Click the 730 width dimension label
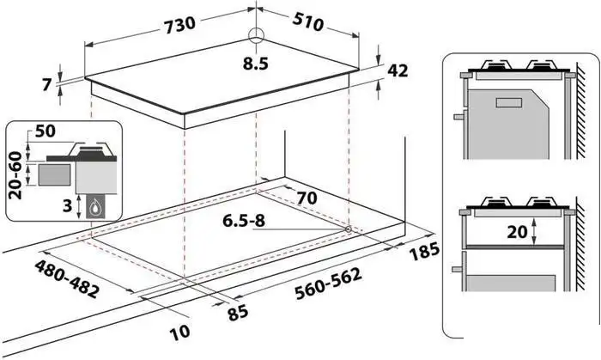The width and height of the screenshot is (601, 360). click(179, 25)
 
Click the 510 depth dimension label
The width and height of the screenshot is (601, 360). click(307, 22)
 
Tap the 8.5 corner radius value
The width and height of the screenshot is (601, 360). click(255, 64)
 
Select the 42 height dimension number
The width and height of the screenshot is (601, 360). click(398, 70)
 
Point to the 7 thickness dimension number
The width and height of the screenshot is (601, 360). click(46, 84)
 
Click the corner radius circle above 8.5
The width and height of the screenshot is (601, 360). click(256, 35)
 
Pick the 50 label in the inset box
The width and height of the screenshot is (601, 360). click(46, 131)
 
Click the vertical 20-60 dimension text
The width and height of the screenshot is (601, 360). click(15, 175)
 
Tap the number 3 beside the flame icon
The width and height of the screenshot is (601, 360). click(68, 206)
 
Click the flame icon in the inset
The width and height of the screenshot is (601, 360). click(94, 207)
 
